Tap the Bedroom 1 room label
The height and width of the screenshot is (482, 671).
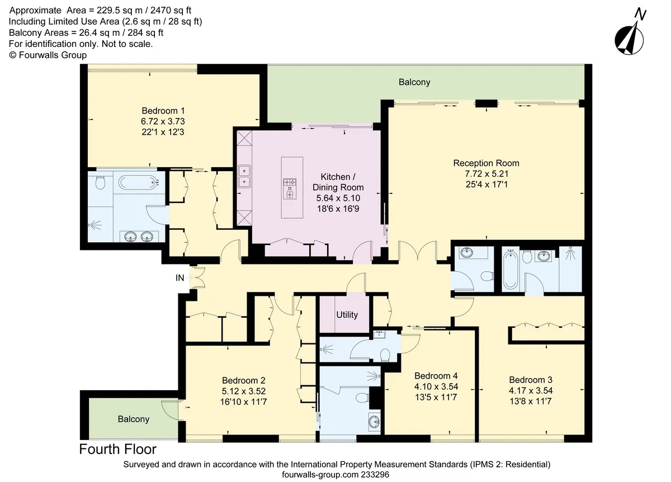click(163, 111)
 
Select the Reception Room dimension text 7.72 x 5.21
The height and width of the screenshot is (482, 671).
click(486, 174)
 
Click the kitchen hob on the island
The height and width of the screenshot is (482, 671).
click(290, 189)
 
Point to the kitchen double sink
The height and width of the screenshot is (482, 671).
click(244, 176)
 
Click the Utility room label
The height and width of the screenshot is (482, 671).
click(347, 315)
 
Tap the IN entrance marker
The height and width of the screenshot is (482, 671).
click(179, 278)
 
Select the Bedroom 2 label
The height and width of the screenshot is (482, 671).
click(244, 380)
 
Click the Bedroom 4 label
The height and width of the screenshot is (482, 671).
click(436, 376)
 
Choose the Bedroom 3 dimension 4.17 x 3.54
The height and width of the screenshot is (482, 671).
click(531, 391)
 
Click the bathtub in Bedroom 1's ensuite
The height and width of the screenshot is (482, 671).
click(139, 182)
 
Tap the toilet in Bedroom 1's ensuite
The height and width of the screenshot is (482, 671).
click(100, 182)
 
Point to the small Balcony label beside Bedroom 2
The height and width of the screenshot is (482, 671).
click(134, 419)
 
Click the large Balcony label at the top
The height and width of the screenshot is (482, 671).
click(414, 82)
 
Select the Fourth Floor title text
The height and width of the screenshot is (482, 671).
click(118, 450)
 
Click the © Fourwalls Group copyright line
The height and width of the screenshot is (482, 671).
click(48, 55)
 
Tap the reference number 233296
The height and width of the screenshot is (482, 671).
click(375, 475)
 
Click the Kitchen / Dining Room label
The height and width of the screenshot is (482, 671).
click(338, 182)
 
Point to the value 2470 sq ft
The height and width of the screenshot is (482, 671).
click(171, 11)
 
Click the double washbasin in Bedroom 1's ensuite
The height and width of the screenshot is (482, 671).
click(139, 237)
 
